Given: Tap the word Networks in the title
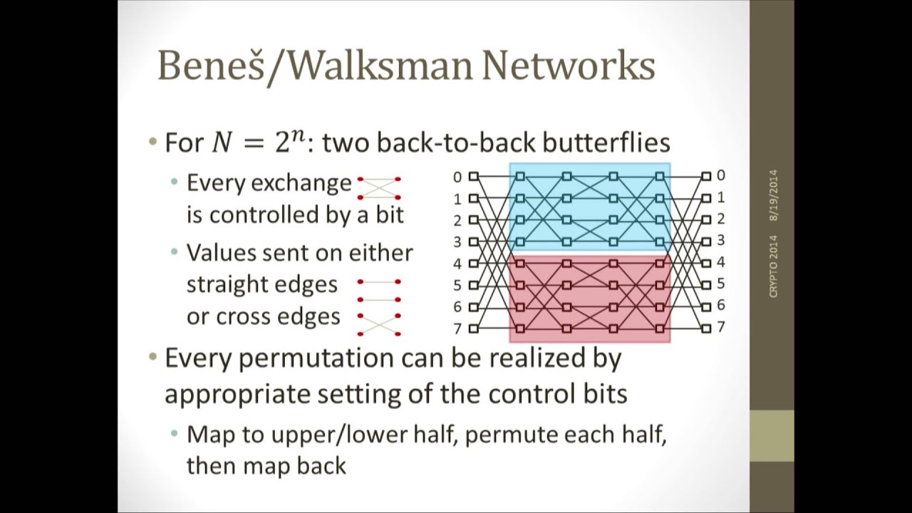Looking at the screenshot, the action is click(x=569, y=65).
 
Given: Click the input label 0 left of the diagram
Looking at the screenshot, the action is click(x=457, y=177).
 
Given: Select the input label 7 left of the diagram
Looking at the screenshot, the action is click(x=457, y=328).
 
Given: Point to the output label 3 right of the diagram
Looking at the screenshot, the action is click(x=720, y=240).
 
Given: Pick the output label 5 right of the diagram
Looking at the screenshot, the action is click(x=720, y=284).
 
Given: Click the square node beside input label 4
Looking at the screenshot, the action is click(x=473, y=264).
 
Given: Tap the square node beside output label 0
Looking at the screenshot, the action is click(x=706, y=176).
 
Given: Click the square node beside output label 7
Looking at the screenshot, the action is click(x=706, y=328).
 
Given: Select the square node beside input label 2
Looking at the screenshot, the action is click(x=473, y=220).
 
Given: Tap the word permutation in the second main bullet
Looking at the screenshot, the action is click(x=316, y=358).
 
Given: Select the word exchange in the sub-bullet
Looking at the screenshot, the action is click(x=301, y=183).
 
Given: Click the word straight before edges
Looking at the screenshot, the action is click(x=227, y=284).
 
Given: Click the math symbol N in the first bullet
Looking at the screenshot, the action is click(x=222, y=143).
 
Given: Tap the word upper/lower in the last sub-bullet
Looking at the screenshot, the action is click(x=338, y=435).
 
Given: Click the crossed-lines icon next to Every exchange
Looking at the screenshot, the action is click(x=379, y=188).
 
